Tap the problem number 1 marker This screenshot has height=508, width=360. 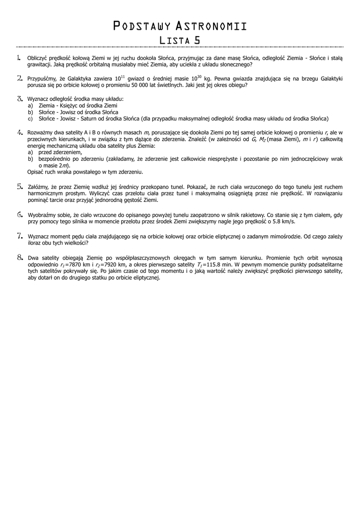pyautogui.click(x=19, y=58)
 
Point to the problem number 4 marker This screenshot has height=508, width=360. pyautogui.click(x=20, y=132)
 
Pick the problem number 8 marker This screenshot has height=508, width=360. pyautogui.click(x=20, y=257)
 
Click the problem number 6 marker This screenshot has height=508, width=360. pyautogui.click(x=20, y=215)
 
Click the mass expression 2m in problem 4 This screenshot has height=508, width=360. pyautogui.click(x=64, y=165)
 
